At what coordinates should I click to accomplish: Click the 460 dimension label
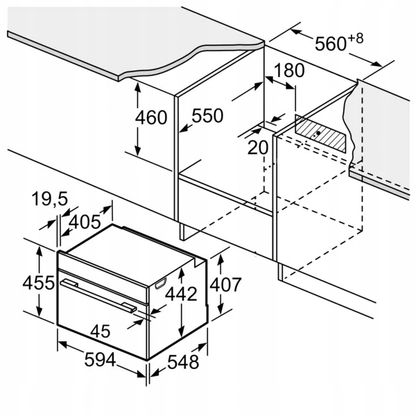click(x=152, y=118)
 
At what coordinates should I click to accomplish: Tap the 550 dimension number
click(x=207, y=116)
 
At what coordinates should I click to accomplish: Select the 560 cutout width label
click(x=330, y=43)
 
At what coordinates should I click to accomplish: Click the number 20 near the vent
click(x=257, y=147)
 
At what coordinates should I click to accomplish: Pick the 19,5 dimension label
click(x=50, y=200)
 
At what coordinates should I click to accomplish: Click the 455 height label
click(x=38, y=283)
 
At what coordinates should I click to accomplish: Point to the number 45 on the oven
click(x=101, y=331)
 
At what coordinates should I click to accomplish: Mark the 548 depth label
click(x=183, y=362)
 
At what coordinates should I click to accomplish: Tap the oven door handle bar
click(x=97, y=293)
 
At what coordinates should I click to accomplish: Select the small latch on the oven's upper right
click(x=161, y=281)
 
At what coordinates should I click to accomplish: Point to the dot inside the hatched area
click(x=318, y=132)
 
